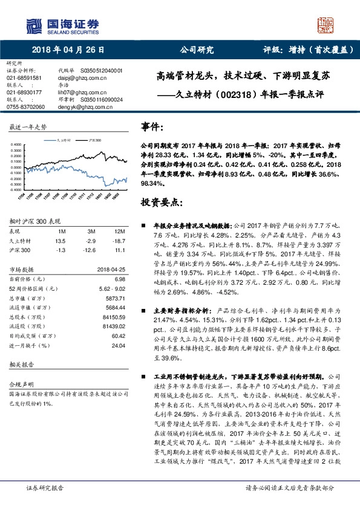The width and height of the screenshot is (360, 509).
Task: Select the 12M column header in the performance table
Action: [x=119, y=232]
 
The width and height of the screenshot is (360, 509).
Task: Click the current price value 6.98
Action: [x=120, y=279]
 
